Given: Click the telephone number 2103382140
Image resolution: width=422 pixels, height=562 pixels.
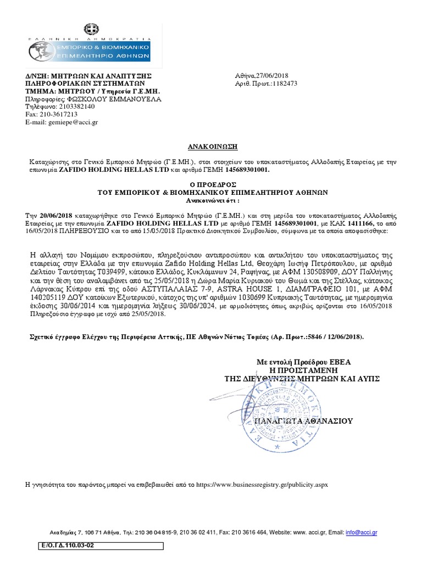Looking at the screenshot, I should [75, 106].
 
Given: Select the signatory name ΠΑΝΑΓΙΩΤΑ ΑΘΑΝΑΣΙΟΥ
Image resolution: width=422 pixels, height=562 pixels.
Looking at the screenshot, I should [303, 421].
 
